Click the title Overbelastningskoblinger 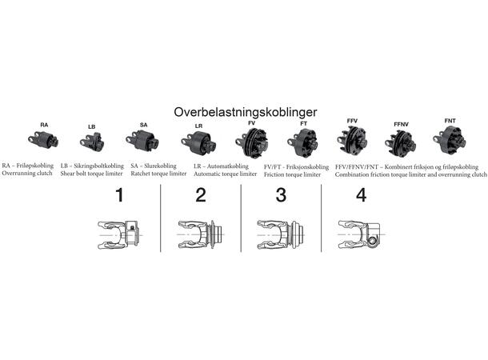246,112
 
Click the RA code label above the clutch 44,125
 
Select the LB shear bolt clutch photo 92,142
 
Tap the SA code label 143,125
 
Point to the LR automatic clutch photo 198,143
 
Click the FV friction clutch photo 252,143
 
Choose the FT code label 304,123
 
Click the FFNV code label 401,125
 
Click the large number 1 119,195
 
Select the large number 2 201,195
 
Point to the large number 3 281,195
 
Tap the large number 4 361,195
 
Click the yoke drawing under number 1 119,235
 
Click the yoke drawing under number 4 361,235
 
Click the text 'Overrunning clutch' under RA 27,174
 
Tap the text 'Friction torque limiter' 292,175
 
